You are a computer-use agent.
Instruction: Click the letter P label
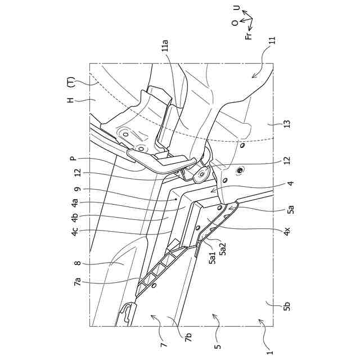click(x=73, y=159)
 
